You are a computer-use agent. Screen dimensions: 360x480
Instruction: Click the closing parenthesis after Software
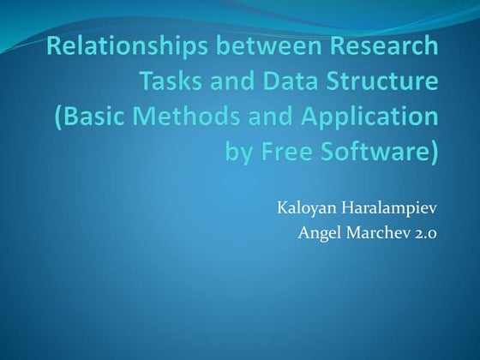[433, 154]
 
